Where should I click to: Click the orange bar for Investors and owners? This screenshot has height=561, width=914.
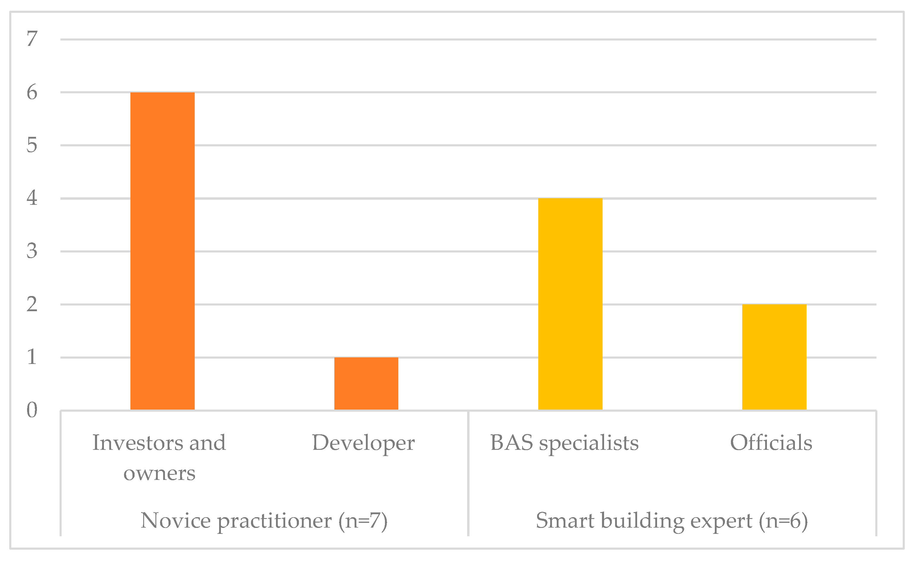(163, 251)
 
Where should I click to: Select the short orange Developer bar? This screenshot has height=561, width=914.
(366, 384)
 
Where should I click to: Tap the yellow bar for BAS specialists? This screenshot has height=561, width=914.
(570, 304)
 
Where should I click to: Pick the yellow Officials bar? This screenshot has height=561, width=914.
(774, 357)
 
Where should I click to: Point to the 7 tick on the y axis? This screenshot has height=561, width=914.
(32, 39)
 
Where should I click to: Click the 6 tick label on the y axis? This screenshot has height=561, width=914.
(32, 92)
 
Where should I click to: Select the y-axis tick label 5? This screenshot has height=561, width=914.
(32, 145)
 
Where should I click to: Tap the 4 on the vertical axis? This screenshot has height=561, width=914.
(32, 198)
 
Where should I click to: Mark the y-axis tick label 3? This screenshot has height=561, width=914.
(32, 251)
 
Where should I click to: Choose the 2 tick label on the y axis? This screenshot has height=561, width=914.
(32, 304)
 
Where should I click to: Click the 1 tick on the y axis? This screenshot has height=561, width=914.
(32, 357)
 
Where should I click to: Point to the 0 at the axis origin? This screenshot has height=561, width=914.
(32, 410)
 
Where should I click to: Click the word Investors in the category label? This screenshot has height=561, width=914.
(138, 443)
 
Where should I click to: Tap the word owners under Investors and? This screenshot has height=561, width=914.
(160, 473)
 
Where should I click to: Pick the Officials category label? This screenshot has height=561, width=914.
(771, 443)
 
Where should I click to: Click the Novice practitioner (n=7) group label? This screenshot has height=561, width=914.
(264, 521)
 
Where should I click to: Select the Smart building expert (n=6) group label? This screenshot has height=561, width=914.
(672, 521)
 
